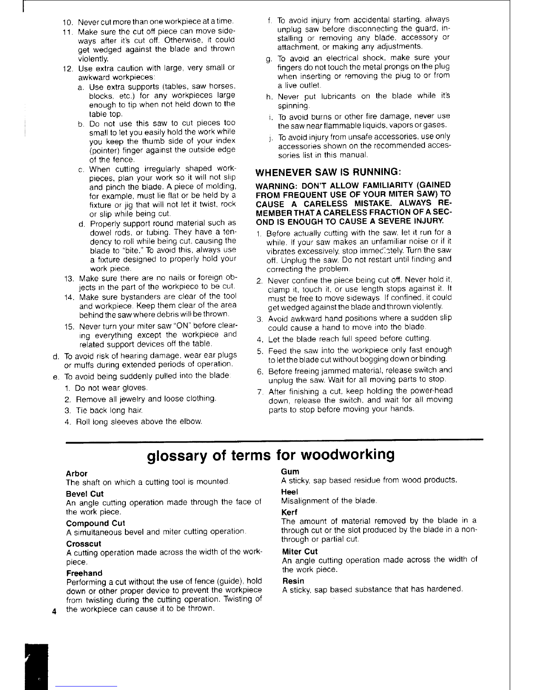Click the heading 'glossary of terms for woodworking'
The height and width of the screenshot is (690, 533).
point(271,455)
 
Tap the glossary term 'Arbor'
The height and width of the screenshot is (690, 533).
point(76,474)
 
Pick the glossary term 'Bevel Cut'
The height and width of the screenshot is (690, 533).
point(85,494)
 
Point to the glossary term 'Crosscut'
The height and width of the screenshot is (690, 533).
point(84,544)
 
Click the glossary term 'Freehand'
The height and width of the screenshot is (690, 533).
point(84,573)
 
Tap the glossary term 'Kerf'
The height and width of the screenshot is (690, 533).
point(289,512)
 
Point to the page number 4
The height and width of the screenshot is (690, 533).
point(53,611)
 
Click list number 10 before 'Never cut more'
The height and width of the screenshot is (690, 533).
point(68,22)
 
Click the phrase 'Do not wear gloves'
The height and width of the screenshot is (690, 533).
point(111,388)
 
